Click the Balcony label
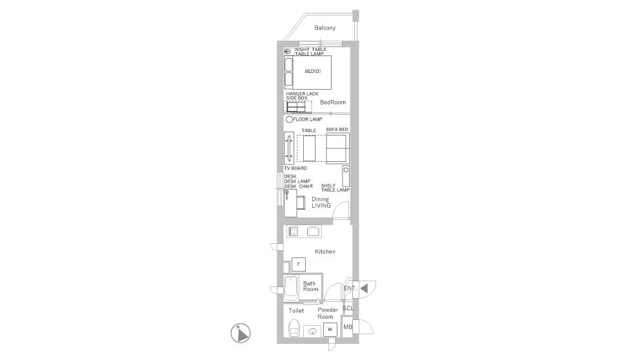point(325,28)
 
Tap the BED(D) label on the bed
point(313,71)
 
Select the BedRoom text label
point(333,102)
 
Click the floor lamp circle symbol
point(289,119)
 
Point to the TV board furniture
point(288,148)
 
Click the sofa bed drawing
point(337,148)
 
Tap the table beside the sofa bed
point(309,148)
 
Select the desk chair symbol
point(301,203)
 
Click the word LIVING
point(321,206)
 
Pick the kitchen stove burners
point(292,232)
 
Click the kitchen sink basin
point(314,232)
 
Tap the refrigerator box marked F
point(298,265)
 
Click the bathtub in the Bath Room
point(291,288)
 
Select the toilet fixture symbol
point(294,328)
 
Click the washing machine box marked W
point(330,330)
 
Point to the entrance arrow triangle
point(364,288)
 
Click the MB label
point(347,327)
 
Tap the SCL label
point(348,308)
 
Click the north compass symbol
point(241,334)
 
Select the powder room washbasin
point(313,332)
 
